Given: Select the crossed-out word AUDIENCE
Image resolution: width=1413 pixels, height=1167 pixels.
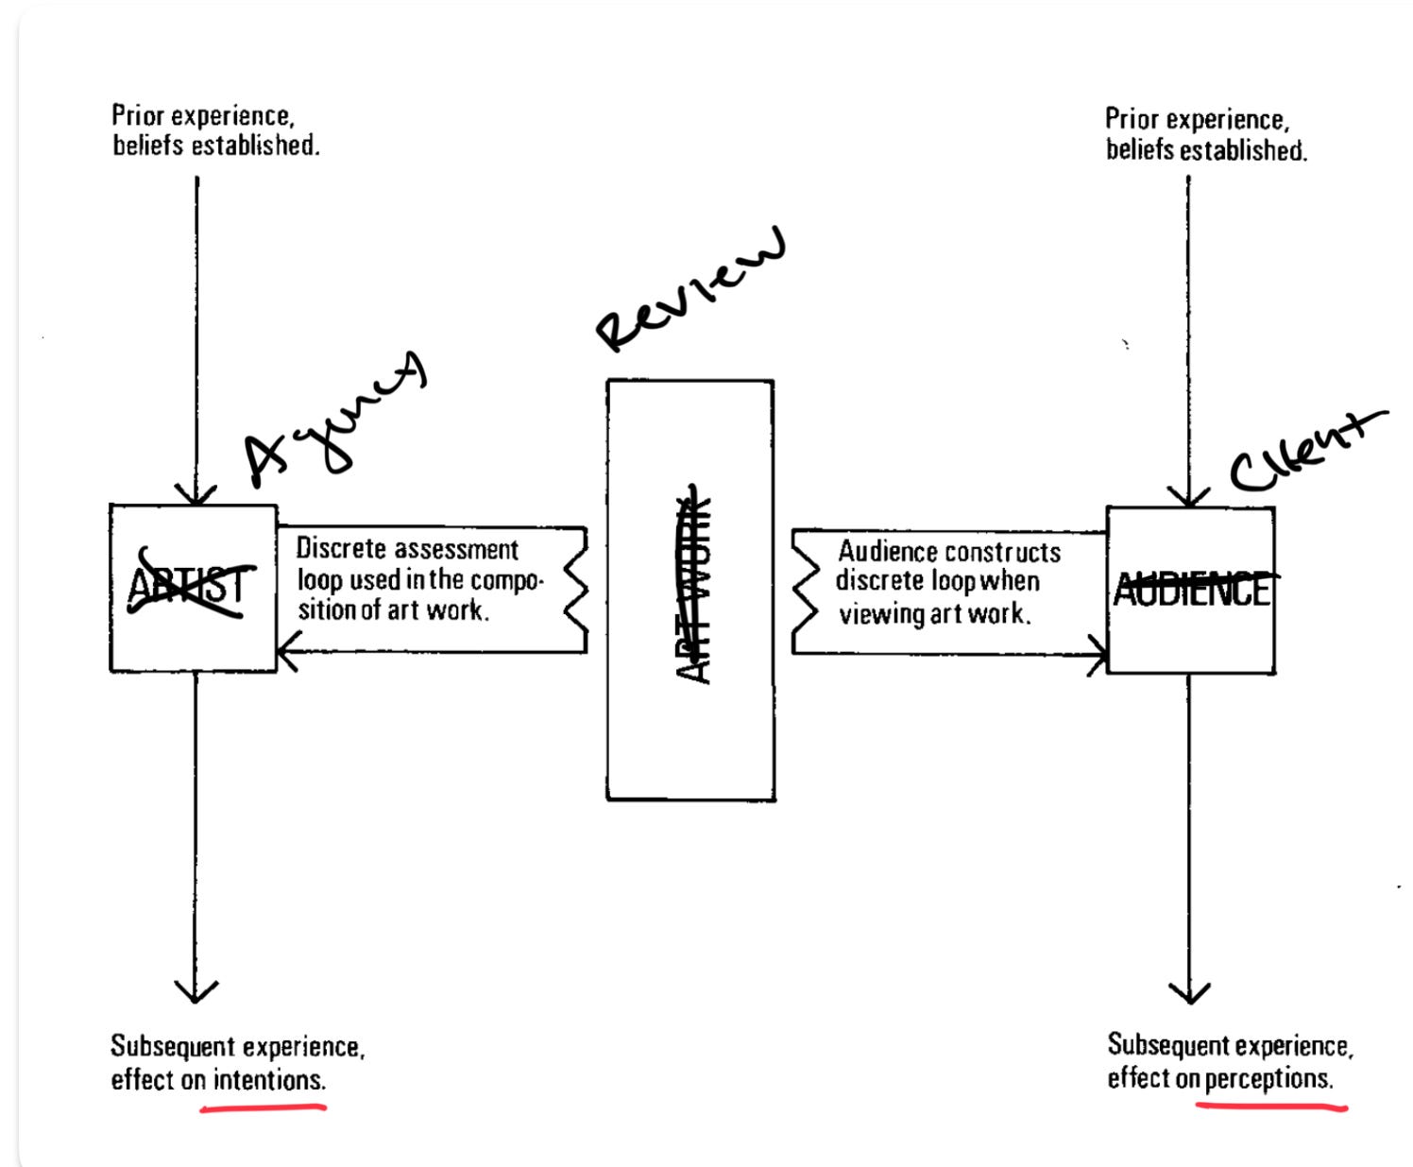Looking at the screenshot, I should tap(1192, 590).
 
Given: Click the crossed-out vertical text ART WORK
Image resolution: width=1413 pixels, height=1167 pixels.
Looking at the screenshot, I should tap(694, 590).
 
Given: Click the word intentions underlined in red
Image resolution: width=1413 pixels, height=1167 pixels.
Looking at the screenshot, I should tap(269, 1079).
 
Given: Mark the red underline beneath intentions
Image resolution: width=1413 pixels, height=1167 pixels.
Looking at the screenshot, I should tap(263, 1107).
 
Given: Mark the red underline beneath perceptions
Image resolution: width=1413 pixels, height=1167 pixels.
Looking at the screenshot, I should tap(1271, 1105).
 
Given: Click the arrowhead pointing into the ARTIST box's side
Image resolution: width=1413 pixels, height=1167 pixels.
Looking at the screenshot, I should tap(286, 651).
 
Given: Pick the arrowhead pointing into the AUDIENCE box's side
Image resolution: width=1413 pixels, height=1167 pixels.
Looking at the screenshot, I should tap(1098, 653).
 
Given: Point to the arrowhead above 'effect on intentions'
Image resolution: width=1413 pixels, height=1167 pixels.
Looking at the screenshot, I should tap(196, 992).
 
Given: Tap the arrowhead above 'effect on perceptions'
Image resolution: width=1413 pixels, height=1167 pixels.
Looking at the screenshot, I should tap(1189, 993).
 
